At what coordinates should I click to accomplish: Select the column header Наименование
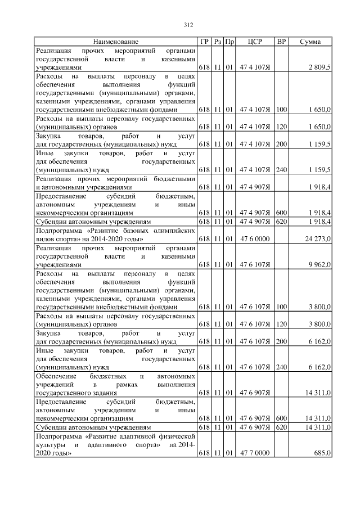pos(116,42)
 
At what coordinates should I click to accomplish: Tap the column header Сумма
pos(310,42)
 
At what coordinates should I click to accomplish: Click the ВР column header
pos(282,42)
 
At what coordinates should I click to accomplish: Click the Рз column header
pos(218,42)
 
